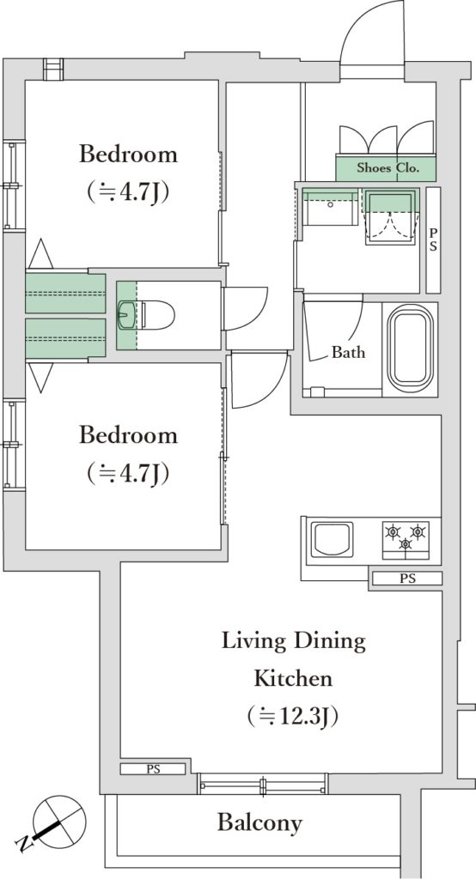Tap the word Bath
348,352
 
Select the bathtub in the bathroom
411,349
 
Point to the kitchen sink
333,539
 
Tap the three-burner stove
406,540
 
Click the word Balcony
259,823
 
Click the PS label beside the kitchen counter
407,579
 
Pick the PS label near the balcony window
153,769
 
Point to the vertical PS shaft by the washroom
433,240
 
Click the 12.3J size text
294,717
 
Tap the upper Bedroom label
128,154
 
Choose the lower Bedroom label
128,435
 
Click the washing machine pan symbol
391,216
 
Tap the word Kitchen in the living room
294,678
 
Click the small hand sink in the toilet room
125,314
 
